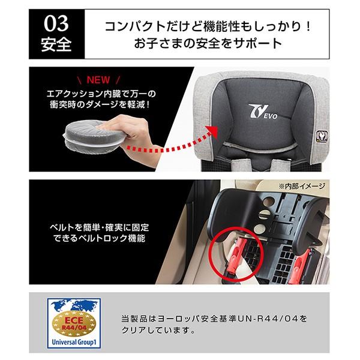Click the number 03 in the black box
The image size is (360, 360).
(x=56, y=23)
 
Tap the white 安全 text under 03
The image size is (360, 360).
(x=56, y=44)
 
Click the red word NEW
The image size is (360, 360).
(x=98, y=80)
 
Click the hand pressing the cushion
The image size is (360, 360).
(x=131, y=133)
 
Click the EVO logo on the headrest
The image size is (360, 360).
(x=263, y=112)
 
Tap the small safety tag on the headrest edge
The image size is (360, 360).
(x=321, y=136)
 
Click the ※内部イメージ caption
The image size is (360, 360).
(x=302, y=187)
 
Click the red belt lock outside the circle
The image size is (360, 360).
(x=302, y=266)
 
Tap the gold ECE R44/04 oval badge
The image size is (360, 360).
(x=74, y=323)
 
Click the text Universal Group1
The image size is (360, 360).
(x=74, y=343)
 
